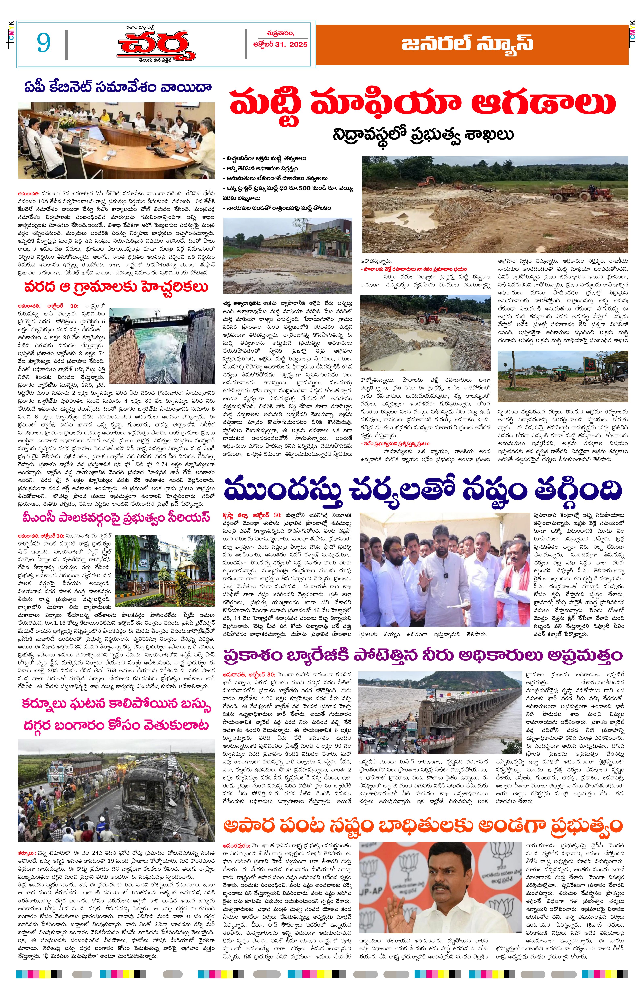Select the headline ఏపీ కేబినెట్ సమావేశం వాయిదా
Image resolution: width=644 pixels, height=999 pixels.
pos(117,88)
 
